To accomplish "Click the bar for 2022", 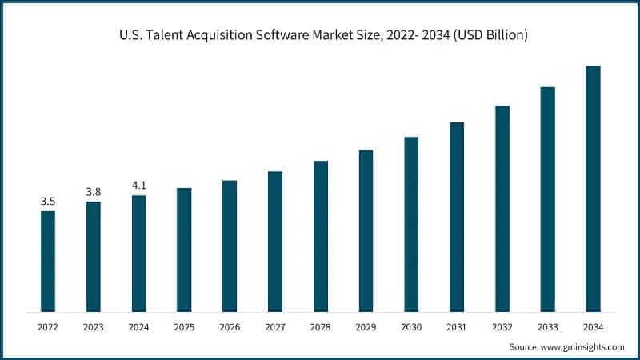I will pos(48,261).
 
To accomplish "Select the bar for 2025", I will pos(184,250).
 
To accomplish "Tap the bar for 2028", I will pos(320,236).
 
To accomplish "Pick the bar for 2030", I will pos(411,224).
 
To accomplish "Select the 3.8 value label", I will pos(94,192).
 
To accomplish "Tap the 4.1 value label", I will pos(139,186).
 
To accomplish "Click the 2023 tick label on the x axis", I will pos(94,326).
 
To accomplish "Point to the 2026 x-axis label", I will pos(230,326).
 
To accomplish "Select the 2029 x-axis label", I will pos(366,326).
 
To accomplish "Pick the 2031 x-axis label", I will pos(457,326).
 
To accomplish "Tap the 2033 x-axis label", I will pos(547,326).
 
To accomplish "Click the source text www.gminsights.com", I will pos(583,347).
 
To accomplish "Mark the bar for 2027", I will pos(275,241).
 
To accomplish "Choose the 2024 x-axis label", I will pos(139,326).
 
